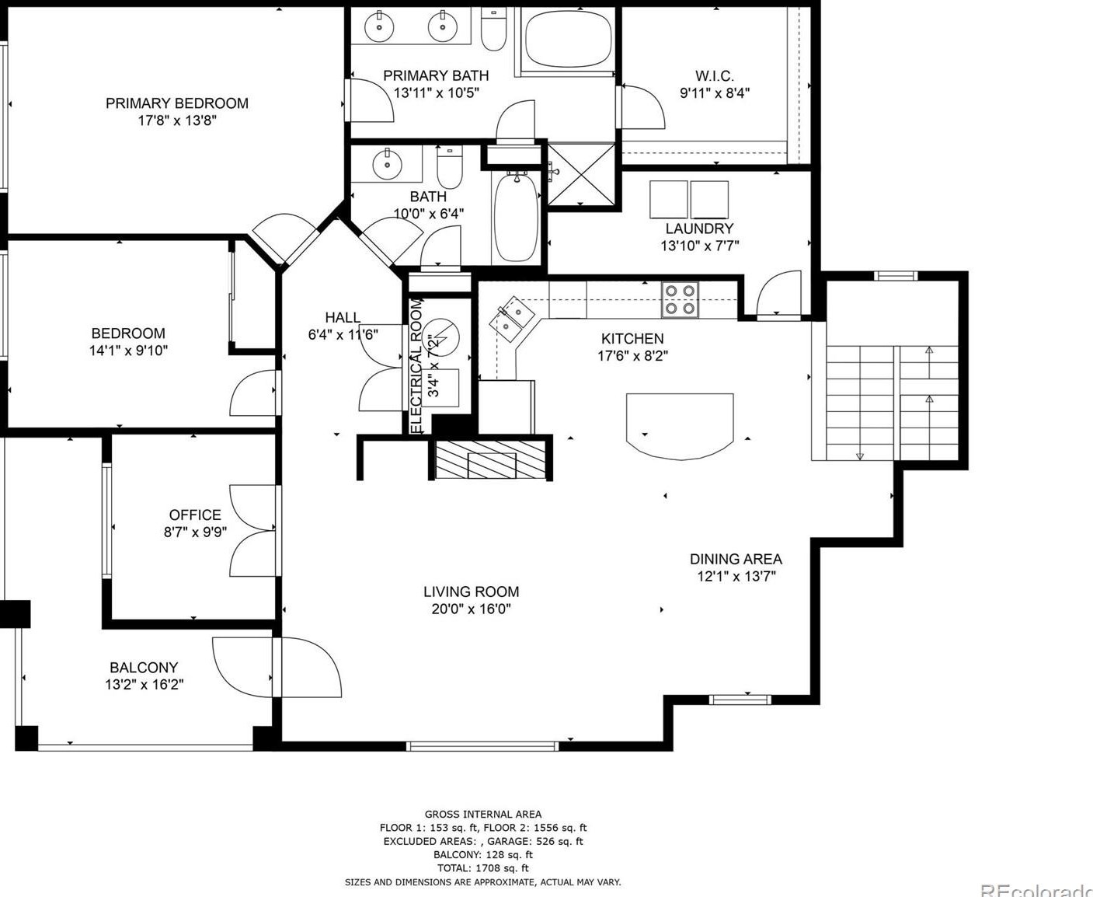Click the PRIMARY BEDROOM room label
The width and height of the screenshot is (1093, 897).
pyautogui.click(x=176, y=103)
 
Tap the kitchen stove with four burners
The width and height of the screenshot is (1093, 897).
pyautogui.click(x=680, y=299)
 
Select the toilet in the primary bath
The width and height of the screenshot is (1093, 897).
pyautogui.click(x=493, y=29)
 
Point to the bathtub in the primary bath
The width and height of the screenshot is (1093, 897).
pyautogui.click(x=568, y=40)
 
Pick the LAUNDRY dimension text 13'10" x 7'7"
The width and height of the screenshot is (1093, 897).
pyautogui.click(x=699, y=246)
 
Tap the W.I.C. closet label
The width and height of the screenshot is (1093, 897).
pyautogui.click(x=714, y=76)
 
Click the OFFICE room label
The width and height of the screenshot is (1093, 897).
pyautogui.click(x=195, y=515)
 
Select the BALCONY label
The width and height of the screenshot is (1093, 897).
pyautogui.click(x=144, y=667)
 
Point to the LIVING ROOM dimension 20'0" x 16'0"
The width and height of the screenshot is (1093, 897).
pyautogui.click(x=471, y=609)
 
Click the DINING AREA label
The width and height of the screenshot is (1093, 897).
pyautogui.click(x=736, y=559)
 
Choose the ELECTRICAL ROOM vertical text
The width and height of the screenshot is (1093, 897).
pyautogui.click(x=416, y=366)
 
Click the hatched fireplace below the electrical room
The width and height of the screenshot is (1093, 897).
pyautogui.click(x=490, y=459)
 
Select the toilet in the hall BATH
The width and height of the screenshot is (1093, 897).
pyautogui.click(x=450, y=166)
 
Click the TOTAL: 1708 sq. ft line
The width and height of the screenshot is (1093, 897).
pyautogui.click(x=483, y=868)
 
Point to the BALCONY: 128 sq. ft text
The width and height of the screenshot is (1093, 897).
pyautogui.click(x=483, y=854)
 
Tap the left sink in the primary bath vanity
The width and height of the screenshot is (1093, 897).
pyautogui.click(x=380, y=26)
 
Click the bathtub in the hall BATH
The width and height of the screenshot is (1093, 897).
pyautogui.click(x=517, y=218)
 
